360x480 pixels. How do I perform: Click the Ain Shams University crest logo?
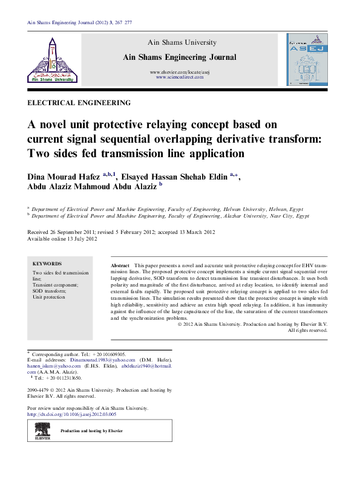pyautogui.click(x=53, y=59)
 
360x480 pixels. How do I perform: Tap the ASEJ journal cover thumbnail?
pyautogui.click(x=307, y=59)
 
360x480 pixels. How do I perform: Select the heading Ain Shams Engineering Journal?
pyautogui.click(x=180, y=57)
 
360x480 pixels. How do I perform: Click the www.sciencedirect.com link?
pyautogui.click(x=180, y=77)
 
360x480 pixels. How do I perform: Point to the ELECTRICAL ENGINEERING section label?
pyautogui.click(x=79, y=103)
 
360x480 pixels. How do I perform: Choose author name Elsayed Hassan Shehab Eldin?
pyautogui.click(x=173, y=177)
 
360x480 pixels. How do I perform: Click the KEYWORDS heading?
pyautogui.click(x=47, y=264)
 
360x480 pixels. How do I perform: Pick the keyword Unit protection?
pyautogui.click(x=48, y=297)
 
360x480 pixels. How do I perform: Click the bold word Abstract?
pyautogui.click(x=120, y=266)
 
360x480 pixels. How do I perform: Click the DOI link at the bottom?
pyautogui.click(x=72, y=414)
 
